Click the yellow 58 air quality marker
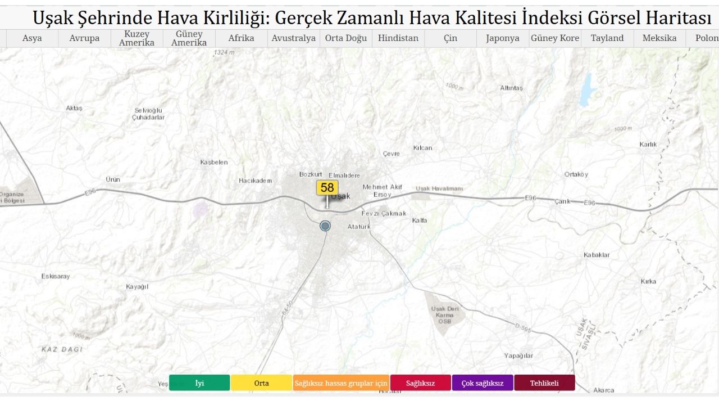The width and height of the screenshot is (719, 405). (327, 188)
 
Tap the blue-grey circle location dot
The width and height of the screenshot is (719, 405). (325, 226)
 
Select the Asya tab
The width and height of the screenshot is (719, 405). (32, 38)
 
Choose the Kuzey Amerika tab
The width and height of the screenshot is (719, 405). (136, 38)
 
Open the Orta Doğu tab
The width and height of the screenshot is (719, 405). (346, 38)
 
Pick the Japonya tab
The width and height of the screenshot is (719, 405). (503, 38)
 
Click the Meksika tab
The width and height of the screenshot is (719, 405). (659, 38)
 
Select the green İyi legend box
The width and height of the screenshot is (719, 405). (199, 383)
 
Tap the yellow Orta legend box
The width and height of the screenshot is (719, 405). (261, 383)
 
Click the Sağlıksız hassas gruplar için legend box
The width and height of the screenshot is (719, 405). (341, 383)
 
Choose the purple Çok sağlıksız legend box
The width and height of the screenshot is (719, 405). (483, 383)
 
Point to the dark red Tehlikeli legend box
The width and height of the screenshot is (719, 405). (544, 383)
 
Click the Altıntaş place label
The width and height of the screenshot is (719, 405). (511, 88)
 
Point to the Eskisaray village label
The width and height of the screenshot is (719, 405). (56, 276)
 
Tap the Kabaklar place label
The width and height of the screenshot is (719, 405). (597, 255)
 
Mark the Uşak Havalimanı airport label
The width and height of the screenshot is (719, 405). (439, 188)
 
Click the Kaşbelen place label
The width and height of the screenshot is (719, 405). (214, 162)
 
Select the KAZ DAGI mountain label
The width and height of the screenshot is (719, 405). (62, 349)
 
